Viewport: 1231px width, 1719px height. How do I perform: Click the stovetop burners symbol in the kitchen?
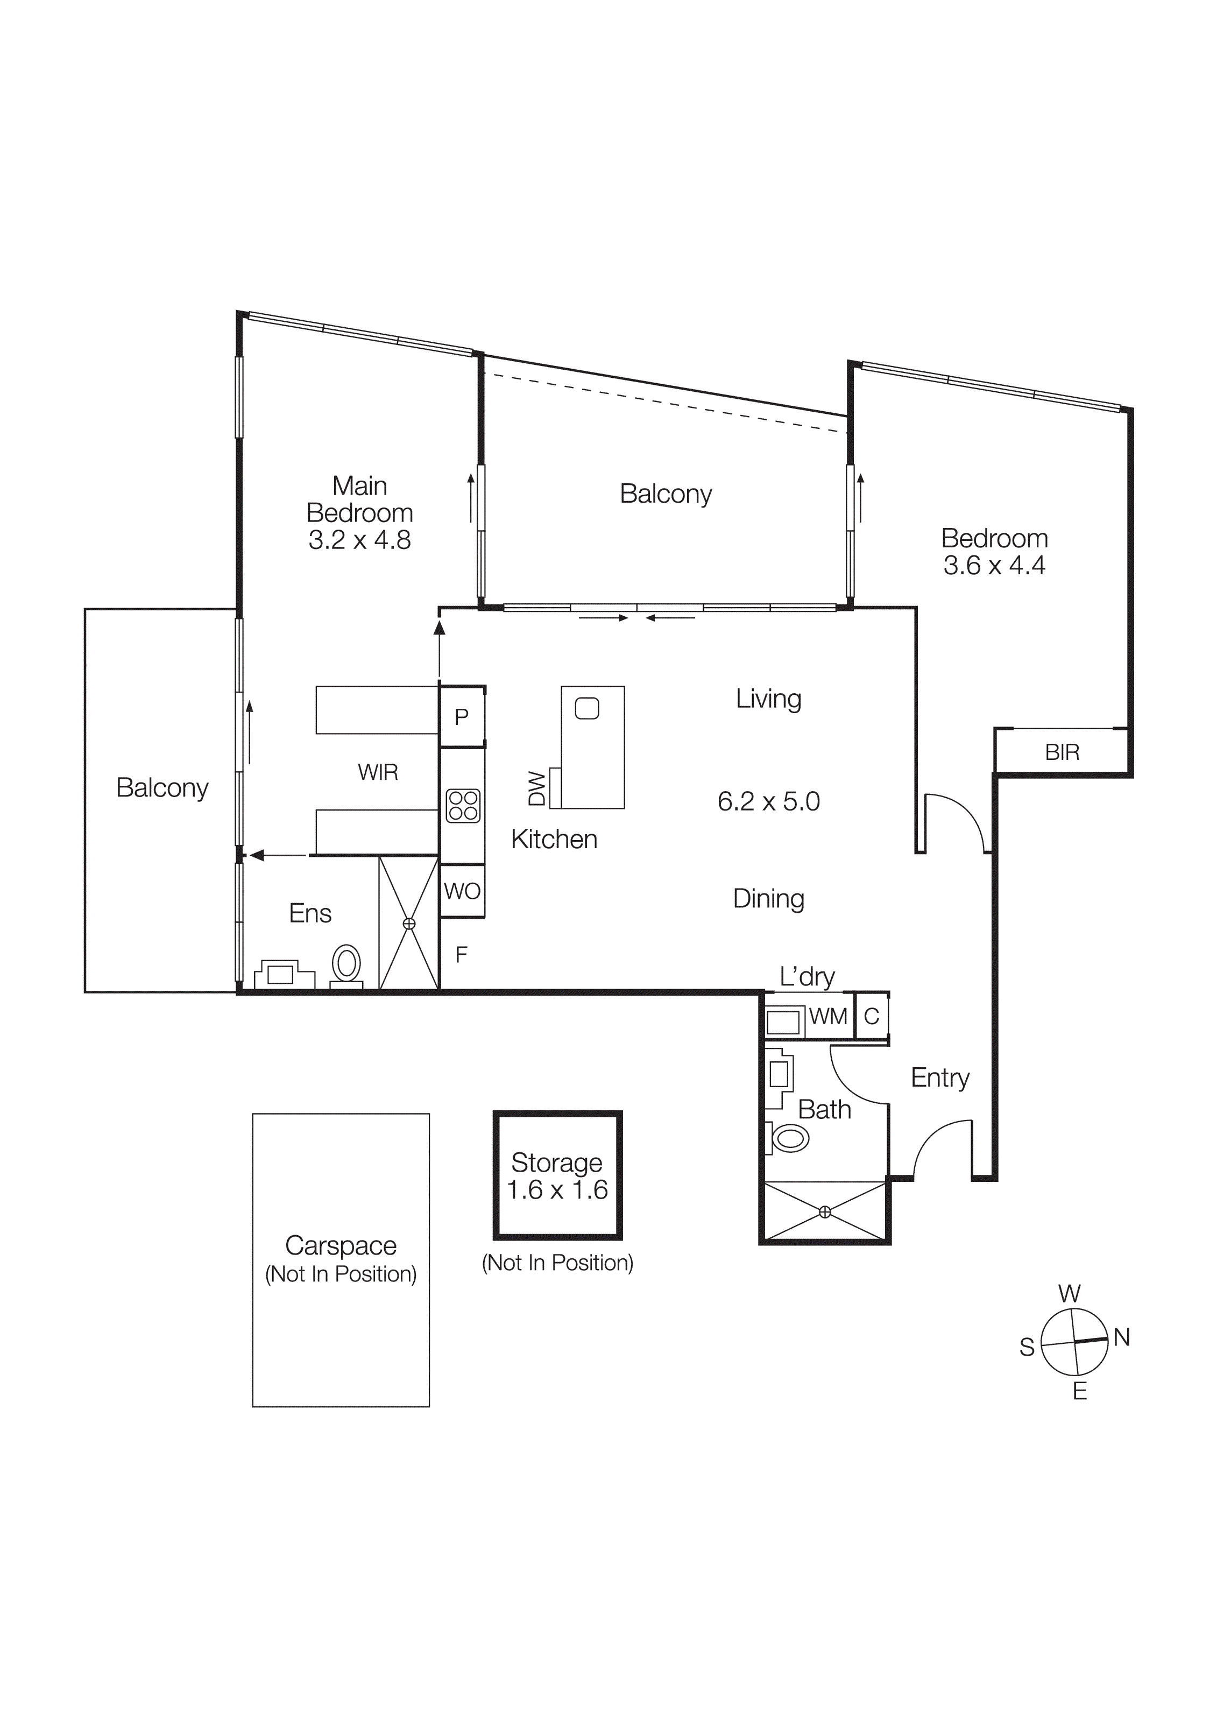click(x=463, y=806)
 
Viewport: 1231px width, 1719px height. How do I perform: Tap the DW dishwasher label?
click(x=537, y=788)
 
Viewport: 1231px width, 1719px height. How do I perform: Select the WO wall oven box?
click(x=462, y=891)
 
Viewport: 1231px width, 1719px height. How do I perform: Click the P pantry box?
click(x=461, y=716)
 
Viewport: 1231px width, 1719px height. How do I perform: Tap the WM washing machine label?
click(x=827, y=1017)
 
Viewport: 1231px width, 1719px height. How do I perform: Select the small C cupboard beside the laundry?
click(x=871, y=1017)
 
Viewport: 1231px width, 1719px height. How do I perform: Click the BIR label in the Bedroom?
click(x=1062, y=752)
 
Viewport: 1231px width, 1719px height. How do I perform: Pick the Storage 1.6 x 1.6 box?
click(x=557, y=1175)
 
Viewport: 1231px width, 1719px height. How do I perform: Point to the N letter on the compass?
click(x=1122, y=1338)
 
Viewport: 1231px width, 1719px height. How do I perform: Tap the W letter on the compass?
click(x=1069, y=1293)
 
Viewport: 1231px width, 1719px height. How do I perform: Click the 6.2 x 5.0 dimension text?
click(x=768, y=801)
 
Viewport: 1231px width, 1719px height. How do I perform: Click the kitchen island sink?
click(x=587, y=709)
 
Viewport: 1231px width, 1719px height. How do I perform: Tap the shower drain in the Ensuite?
click(x=409, y=923)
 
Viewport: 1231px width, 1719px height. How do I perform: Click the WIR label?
click(x=377, y=772)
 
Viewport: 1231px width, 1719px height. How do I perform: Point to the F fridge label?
click(x=461, y=955)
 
